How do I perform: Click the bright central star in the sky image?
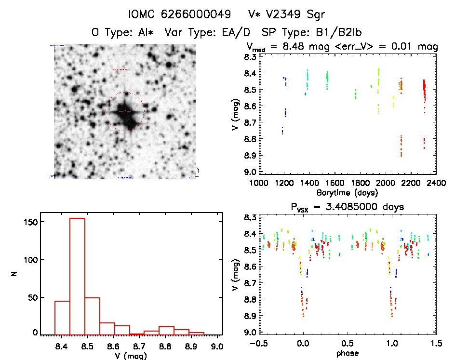tap(125, 111)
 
